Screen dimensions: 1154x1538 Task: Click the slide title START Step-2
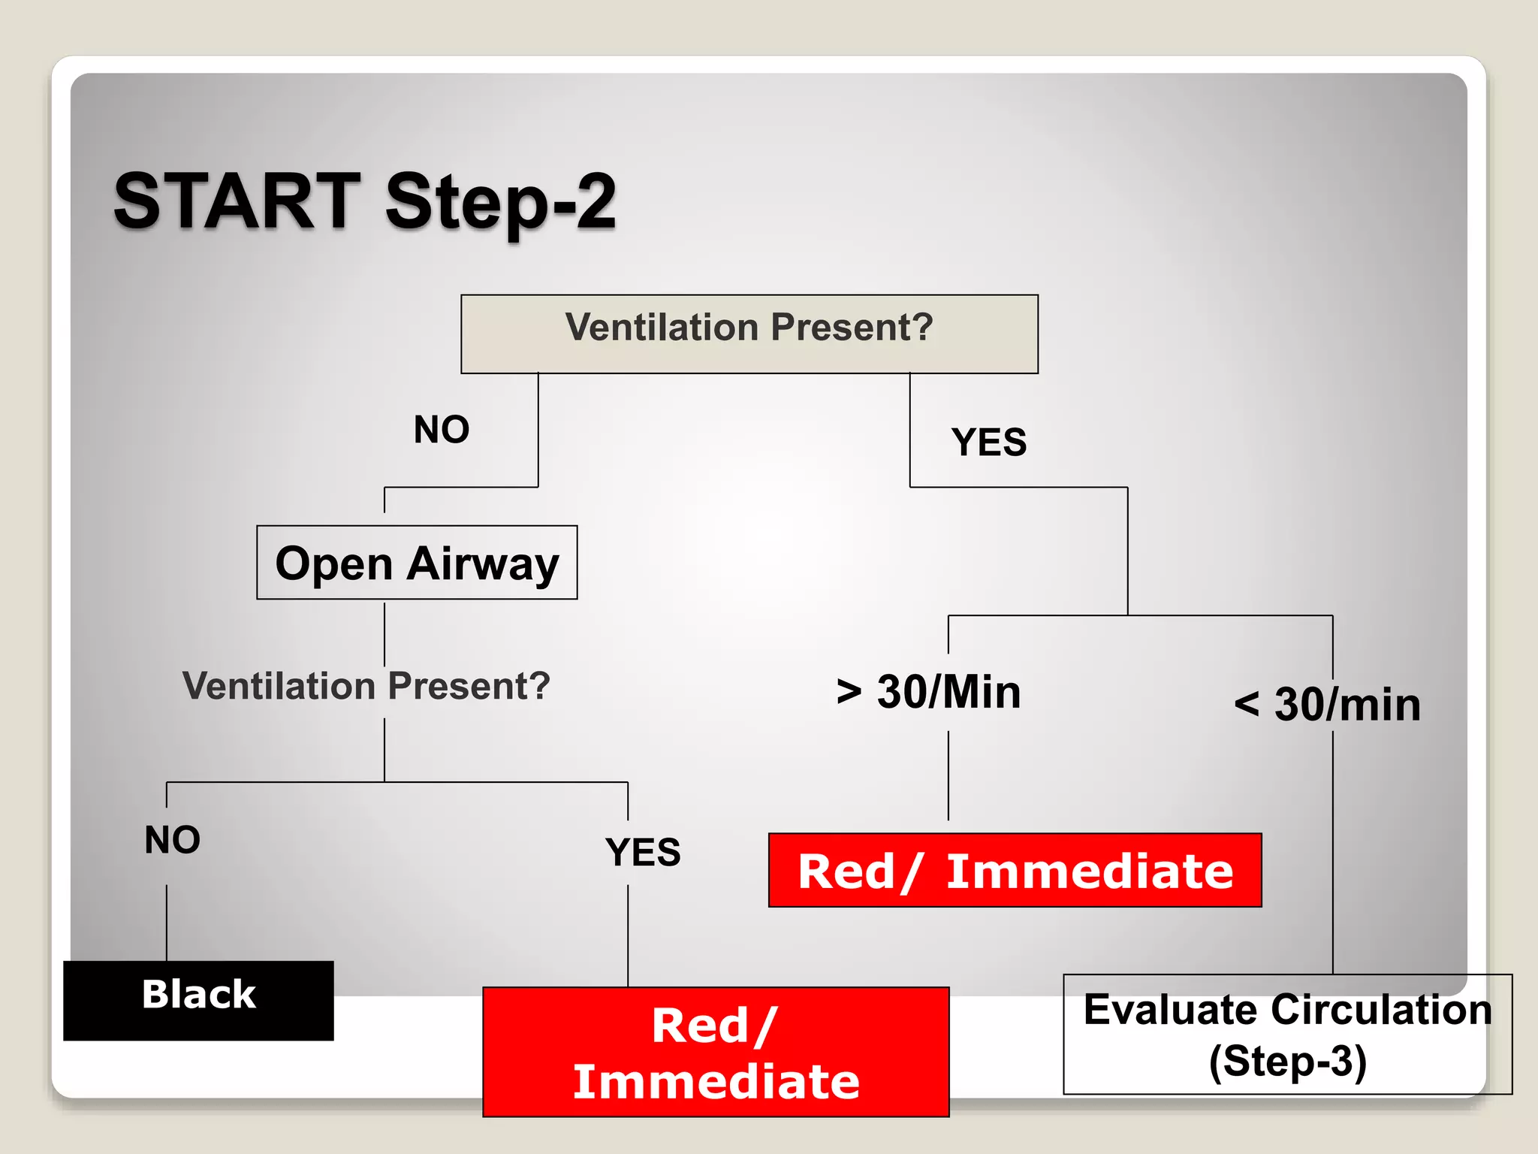pos(365,201)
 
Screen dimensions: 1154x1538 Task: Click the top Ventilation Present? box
pos(749,334)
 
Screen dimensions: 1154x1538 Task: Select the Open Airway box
pos(417,563)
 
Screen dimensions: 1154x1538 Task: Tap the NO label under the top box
pos(442,430)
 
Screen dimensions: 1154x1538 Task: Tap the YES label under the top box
pos(988,442)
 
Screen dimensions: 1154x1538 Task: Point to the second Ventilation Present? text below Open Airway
pos(366,686)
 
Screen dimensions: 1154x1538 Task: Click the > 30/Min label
pos(929,692)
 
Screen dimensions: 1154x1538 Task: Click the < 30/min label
pos(1328,705)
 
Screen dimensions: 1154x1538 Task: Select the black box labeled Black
pos(198,1000)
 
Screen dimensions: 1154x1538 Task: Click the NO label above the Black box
pos(173,839)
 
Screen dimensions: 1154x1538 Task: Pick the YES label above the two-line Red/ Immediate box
pos(643,852)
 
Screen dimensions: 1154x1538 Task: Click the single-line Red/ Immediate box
pos(1015,871)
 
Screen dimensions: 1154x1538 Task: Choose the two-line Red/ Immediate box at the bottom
pos(716,1052)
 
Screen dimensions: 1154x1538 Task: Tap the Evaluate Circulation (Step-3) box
pos(1287,1035)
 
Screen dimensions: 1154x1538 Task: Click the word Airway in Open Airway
pos(483,564)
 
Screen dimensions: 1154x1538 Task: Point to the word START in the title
pos(238,201)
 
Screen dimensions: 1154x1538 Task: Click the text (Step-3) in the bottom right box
pos(1287,1062)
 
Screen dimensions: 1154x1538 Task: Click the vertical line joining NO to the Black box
pos(167,923)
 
